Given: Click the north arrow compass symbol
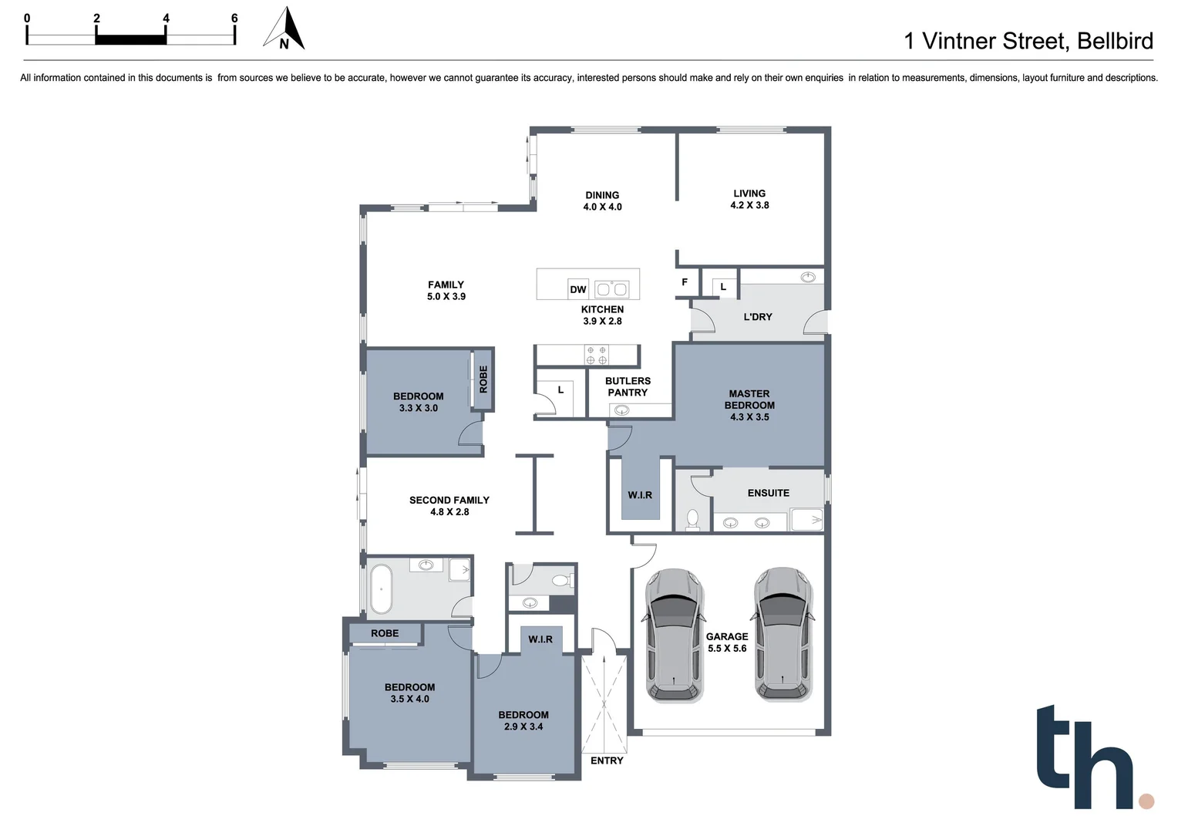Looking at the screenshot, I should pos(284,29).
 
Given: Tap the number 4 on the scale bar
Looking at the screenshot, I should pos(166,18).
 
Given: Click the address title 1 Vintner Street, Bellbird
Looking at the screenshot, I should pos(1028,41).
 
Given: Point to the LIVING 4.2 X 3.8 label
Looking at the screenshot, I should pos(749,199).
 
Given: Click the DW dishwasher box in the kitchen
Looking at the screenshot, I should pos(578,289).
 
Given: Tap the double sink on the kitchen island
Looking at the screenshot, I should pos(612,290).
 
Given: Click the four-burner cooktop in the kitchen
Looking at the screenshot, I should pos(597,356).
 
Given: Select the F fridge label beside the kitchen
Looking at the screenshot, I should pos(685,282).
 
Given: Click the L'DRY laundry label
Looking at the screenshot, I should pos(757,317).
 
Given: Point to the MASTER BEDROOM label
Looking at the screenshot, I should pos(749,405).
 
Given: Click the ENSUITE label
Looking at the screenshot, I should pos(768,493).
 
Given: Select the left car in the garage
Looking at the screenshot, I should pos(674,636).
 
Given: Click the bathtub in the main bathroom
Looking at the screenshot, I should pos(381,589).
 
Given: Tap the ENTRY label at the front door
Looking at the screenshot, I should pos(607,760).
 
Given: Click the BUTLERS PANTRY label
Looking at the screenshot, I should pos(628,386).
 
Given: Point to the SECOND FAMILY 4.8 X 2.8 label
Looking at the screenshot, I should pos(449,506).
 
